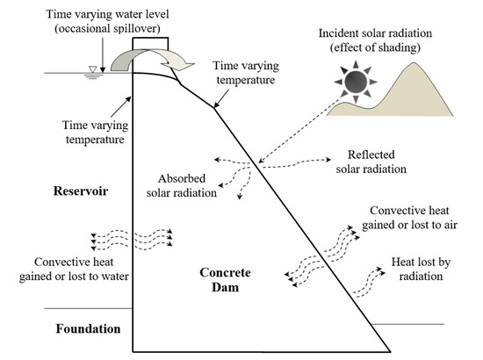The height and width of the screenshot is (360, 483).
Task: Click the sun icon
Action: pos(356,83)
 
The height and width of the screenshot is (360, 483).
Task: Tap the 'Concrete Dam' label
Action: pos(222,283)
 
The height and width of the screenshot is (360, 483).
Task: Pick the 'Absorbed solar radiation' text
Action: pos(183,186)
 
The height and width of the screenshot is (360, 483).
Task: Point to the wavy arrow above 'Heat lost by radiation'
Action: pos(369,280)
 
